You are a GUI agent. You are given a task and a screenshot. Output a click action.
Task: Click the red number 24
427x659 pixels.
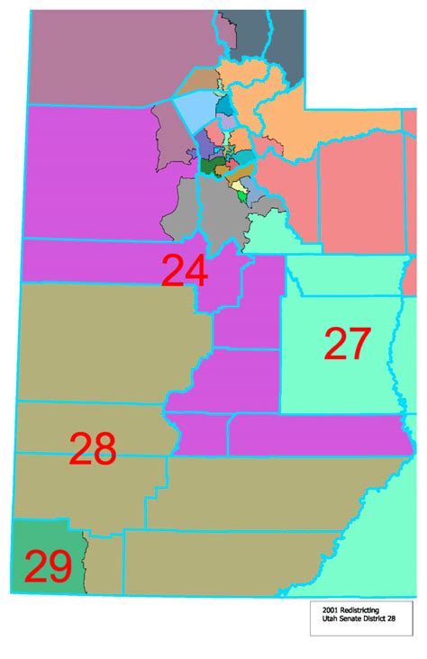(x=185, y=272)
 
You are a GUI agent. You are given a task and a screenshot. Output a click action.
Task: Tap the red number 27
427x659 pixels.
(x=347, y=344)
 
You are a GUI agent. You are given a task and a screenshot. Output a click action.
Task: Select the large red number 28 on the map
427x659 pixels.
(x=93, y=447)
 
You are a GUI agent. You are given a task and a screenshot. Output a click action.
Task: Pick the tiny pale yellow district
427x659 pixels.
(x=236, y=185)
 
